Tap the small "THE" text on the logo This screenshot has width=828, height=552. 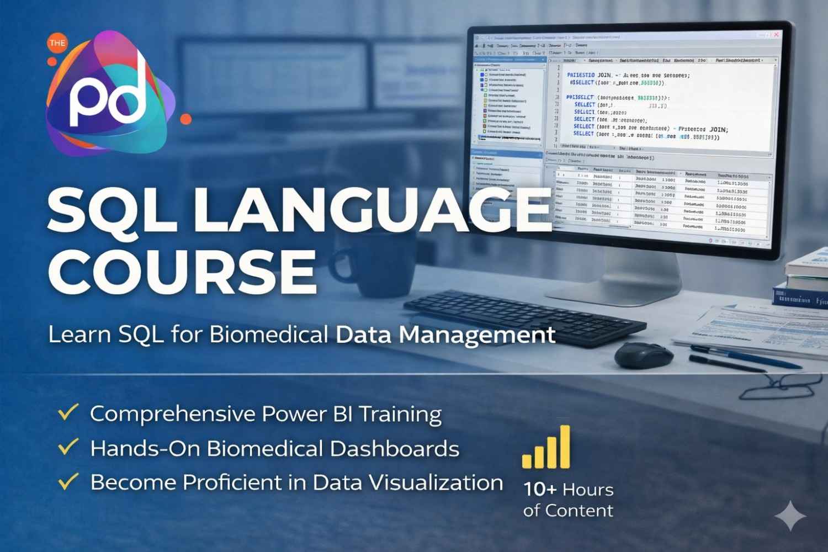57,43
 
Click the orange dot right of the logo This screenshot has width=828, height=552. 186,119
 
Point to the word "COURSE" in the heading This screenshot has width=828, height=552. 182,270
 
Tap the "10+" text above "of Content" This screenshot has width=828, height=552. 540,489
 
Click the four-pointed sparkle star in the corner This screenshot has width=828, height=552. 790,516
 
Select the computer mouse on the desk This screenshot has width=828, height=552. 644,354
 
